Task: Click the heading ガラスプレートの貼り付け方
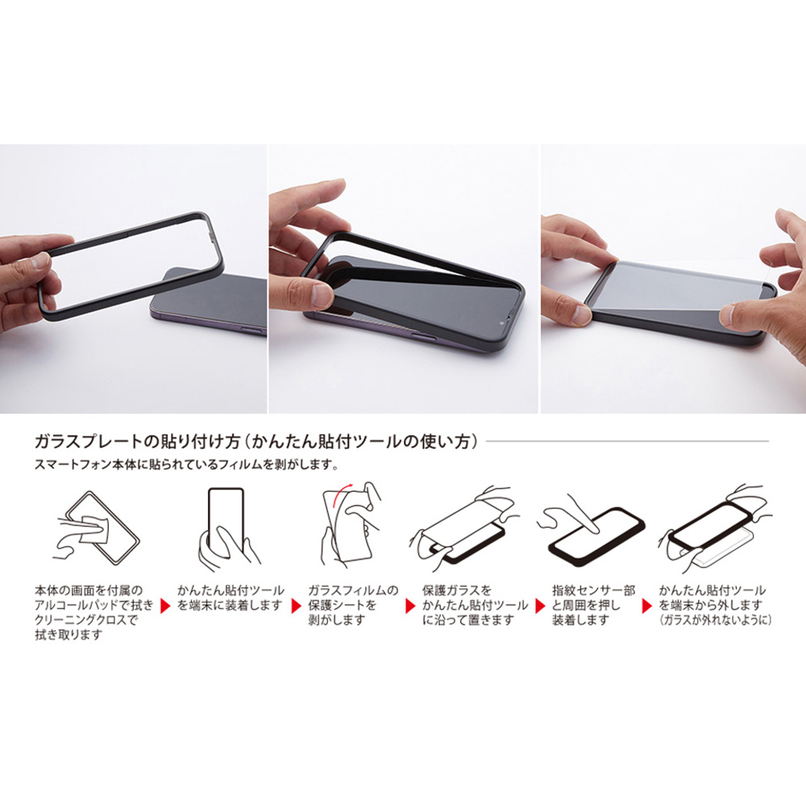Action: tap(137, 442)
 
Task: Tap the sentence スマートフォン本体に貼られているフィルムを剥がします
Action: tap(186, 465)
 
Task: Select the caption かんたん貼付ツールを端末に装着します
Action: tap(230, 597)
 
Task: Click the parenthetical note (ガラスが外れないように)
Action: tap(715, 620)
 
